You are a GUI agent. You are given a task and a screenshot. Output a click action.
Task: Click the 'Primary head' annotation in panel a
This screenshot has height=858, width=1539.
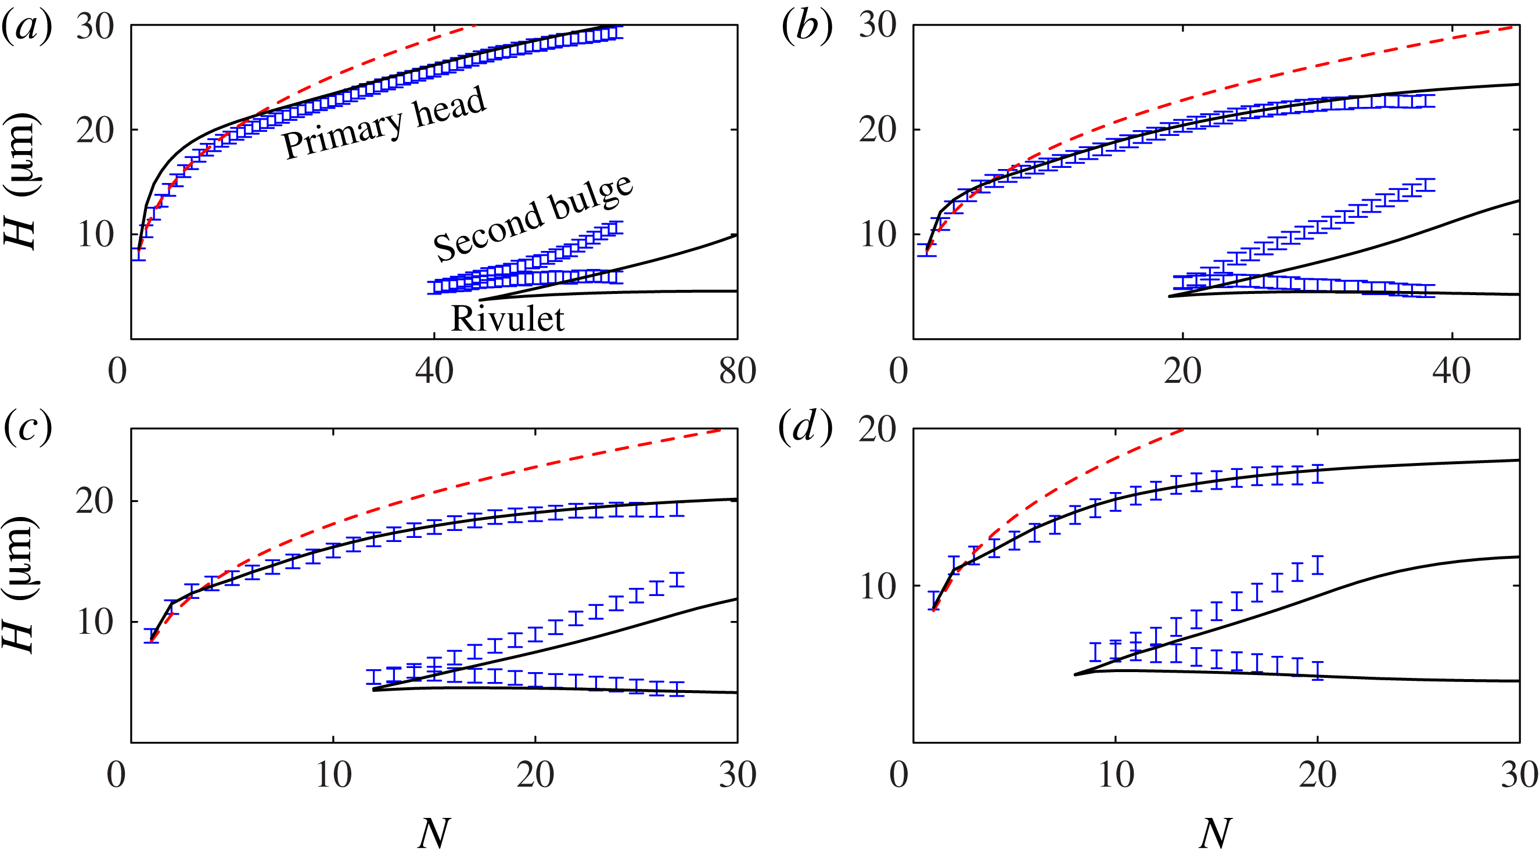point(384,123)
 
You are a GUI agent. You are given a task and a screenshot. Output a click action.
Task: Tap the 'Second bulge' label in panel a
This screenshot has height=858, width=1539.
point(533,218)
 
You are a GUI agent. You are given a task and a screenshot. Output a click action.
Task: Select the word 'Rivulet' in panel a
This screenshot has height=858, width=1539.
point(507,318)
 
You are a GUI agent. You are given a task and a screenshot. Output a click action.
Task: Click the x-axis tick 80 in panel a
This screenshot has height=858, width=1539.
point(737,371)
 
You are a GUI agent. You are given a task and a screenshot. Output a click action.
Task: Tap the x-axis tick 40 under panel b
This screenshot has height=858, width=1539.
point(1451,371)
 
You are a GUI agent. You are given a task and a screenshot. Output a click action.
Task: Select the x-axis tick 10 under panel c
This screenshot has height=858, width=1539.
point(333,776)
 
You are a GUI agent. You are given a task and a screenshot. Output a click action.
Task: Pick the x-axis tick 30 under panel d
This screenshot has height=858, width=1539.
point(1519,776)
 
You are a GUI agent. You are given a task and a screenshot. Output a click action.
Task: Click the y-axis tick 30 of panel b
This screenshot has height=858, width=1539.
point(878,26)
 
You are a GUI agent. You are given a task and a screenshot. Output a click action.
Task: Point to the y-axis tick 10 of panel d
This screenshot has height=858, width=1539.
point(878,587)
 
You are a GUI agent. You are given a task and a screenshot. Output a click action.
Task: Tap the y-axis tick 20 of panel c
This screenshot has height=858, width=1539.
point(95,501)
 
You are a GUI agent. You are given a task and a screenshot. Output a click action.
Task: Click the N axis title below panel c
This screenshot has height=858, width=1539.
point(433,833)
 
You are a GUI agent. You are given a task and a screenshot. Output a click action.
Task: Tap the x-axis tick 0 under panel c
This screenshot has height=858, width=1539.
point(117,776)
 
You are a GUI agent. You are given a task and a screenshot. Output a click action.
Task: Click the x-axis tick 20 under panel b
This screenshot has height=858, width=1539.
point(1182,371)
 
